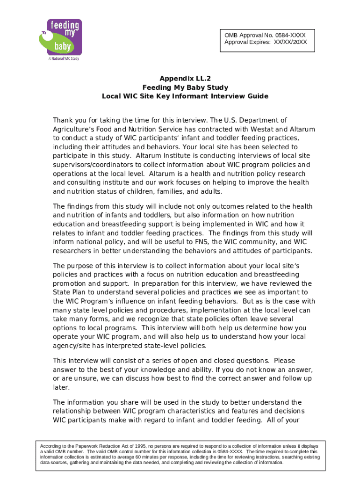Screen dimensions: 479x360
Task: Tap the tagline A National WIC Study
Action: tap(62, 59)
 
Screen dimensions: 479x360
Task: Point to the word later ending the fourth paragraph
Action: tap(61, 387)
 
